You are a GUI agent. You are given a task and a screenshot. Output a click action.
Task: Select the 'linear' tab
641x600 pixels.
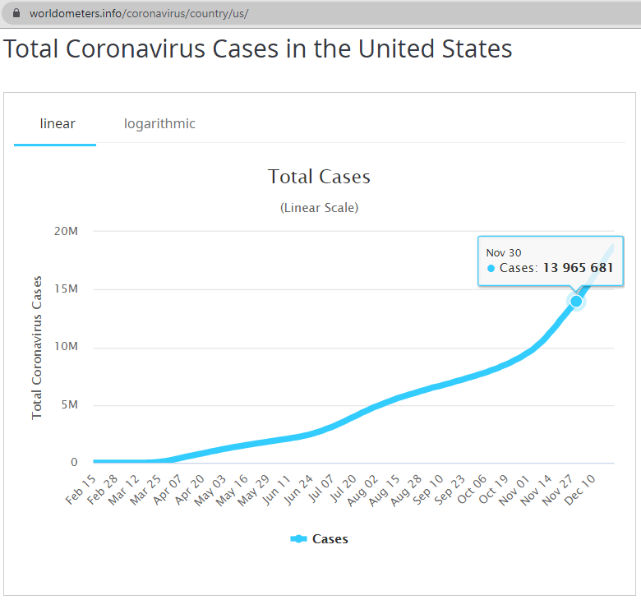click(58, 124)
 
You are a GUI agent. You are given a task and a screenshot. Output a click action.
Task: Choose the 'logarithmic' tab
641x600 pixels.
click(159, 124)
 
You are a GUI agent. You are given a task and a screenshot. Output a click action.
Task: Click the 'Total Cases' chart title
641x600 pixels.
click(319, 177)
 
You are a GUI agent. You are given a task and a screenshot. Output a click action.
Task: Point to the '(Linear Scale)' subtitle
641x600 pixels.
click(319, 208)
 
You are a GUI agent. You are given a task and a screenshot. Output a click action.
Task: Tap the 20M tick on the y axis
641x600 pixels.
click(66, 231)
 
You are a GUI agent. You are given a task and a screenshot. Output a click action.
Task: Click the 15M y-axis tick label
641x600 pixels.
click(66, 289)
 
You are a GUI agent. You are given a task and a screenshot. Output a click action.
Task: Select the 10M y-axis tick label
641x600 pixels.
click(66, 347)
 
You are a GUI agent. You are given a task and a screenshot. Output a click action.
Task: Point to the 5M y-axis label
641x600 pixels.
click(69, 405)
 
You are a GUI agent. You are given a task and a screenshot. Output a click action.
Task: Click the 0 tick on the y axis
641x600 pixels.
click(74, 463)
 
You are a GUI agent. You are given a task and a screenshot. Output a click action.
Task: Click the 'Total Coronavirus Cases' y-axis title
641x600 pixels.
click(37, 347)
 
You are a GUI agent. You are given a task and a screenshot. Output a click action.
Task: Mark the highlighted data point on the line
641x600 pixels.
click(576, 301)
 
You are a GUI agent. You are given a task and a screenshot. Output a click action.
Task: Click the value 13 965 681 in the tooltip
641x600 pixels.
click(578, 268)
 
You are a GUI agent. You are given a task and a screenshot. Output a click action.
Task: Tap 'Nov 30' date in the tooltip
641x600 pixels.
click(504, 252)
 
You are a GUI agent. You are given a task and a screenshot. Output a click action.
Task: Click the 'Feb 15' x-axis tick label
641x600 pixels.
click(81, 491)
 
